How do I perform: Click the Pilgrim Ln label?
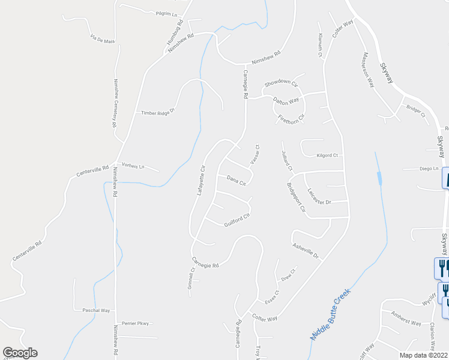(167, 13)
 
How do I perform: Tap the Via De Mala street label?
(102, 39)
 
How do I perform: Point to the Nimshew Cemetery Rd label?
(114, 103)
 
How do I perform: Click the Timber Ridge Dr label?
(157, 112)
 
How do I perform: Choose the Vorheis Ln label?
(133, 166)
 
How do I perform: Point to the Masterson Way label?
(367, 70)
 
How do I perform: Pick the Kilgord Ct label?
(327, 155)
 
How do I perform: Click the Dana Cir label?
(237, 181)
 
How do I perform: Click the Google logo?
(20, 353)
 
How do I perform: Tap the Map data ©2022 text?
(423, 355)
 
